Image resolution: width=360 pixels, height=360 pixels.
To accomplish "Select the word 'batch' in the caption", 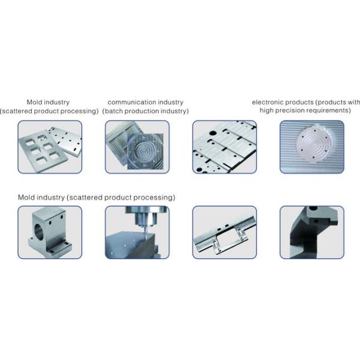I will click(x=115, y=112).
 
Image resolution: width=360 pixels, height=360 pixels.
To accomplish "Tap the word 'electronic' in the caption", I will click(x=267, y=103).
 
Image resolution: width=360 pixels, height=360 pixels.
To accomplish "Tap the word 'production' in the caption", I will click(x=142, y=112).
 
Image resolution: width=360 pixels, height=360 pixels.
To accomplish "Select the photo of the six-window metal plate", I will click(x=49, y=148).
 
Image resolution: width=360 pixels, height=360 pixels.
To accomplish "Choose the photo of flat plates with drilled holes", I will click(x=224, y=148).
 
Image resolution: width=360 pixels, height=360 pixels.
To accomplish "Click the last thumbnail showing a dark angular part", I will click(x=312, y=233).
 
